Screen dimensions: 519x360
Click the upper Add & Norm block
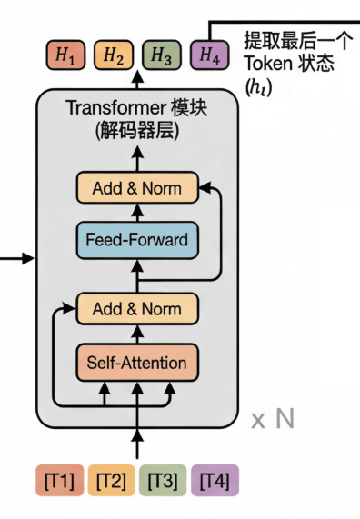136,189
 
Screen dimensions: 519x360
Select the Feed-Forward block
136,240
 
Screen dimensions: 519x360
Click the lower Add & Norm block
136,309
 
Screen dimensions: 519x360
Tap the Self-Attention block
136,363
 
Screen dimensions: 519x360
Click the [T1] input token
58,479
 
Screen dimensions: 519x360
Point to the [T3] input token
163,479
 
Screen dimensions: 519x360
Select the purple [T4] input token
215,479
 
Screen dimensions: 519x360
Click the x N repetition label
273,419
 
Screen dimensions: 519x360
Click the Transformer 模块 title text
136,107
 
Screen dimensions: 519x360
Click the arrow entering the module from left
18,260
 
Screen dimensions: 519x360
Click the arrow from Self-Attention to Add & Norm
136,334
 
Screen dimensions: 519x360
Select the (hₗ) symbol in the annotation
258,87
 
